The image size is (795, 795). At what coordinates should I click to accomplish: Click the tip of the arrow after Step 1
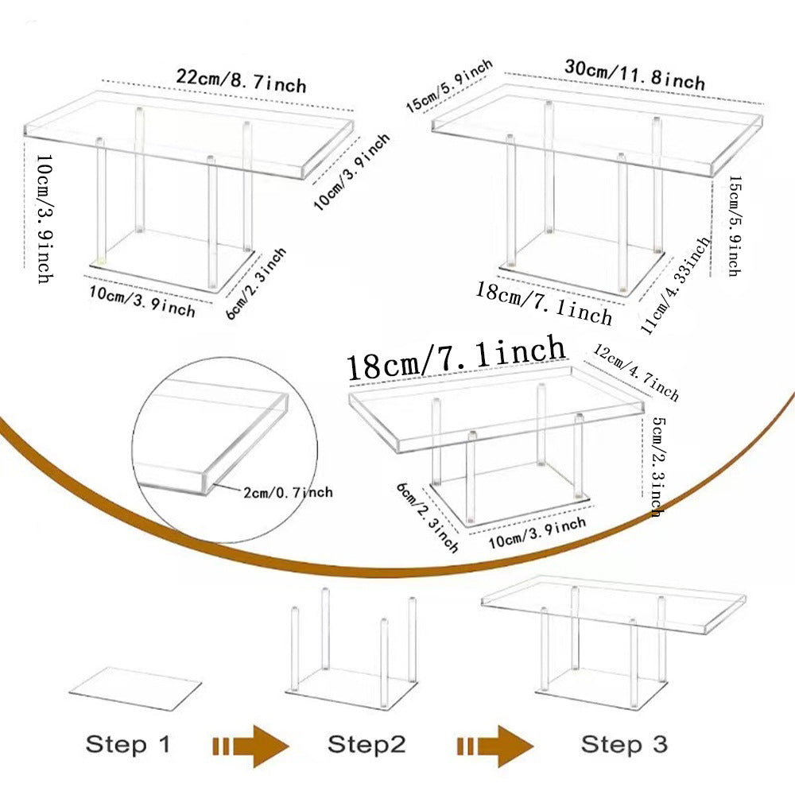(289, 746)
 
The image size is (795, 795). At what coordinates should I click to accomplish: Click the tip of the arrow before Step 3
(533, 746)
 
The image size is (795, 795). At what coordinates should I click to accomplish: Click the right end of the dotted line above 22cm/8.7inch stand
(354, 110)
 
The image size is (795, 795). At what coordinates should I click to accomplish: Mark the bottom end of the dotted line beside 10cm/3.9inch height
(25, 267)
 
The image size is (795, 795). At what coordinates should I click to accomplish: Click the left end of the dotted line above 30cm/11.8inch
(505, 73)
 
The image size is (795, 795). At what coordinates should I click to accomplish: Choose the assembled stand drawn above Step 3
(614, 641)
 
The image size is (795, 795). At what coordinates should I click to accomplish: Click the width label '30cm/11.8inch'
(634, 75)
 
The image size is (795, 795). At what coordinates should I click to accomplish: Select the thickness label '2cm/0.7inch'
(288, 492)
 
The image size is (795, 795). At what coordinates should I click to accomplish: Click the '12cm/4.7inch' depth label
(636, 373)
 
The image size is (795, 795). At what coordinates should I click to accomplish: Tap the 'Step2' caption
(366, 744)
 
